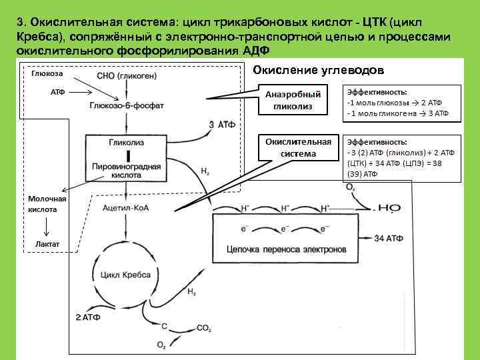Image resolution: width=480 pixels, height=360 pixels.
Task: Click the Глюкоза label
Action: [42, 74]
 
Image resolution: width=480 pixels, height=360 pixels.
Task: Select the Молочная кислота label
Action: [47, 204]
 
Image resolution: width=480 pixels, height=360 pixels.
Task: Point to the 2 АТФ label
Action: [88, 317]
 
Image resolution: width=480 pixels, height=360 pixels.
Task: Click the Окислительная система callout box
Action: [298, 149]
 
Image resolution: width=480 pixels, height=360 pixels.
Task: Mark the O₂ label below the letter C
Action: [161, 345]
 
